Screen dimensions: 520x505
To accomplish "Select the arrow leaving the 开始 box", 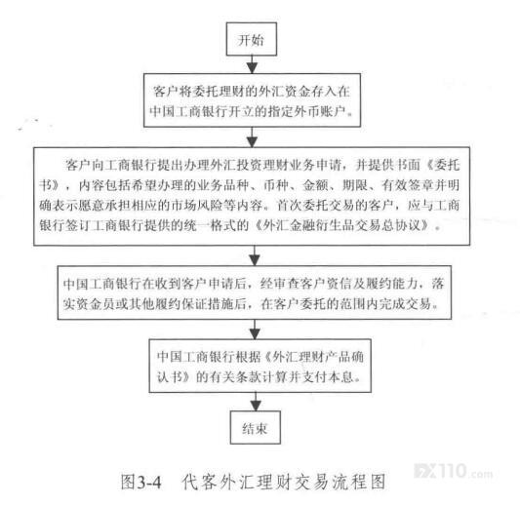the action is tap(252, 64).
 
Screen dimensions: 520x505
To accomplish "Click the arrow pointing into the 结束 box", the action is tap(256, 402).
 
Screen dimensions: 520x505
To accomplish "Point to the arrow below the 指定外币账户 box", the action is tap(253, 137).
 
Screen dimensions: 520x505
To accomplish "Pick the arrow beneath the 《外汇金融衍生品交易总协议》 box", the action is tap(255, 255).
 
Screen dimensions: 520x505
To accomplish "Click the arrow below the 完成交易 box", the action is tap(255, 330).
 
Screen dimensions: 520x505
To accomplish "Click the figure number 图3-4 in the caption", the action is tap(140, 482).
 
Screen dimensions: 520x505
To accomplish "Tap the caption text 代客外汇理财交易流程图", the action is tap(284, 482).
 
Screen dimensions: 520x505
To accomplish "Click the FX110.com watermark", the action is tap(454, 471).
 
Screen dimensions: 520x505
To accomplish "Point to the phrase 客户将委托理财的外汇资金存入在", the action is tap(252, 91).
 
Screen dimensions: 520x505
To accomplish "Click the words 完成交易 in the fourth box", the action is tap(405, 304).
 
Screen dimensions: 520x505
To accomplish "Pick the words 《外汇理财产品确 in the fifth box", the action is tap(314, 357).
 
